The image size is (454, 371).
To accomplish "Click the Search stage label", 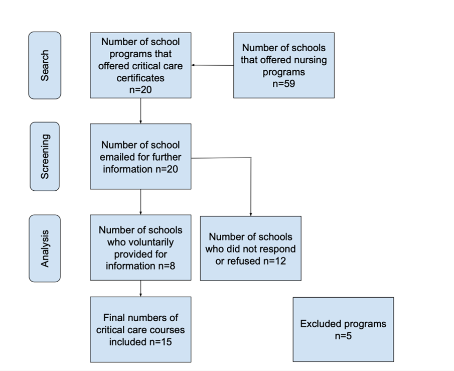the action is [x=45, y=65].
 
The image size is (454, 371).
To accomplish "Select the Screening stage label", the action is [x=45, y=157].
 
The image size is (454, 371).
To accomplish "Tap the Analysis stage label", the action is [x=45, y=249].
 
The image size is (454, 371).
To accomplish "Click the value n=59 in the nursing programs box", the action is [x=284, y=84].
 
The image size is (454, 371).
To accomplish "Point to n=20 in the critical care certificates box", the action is [x=140, y=90].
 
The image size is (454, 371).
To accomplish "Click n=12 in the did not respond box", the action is [x=274, y=261].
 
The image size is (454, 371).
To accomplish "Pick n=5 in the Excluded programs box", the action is [x=343, y=336].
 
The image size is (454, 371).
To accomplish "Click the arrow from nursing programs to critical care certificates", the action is [x=213, y=65].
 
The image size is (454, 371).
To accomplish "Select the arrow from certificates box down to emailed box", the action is [x=141, y=111].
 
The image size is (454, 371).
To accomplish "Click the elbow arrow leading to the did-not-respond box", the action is [x=251, y=158].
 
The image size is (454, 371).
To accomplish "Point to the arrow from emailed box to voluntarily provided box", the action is [x=141, y=202].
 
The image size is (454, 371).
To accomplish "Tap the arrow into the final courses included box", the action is [x=141, y=289].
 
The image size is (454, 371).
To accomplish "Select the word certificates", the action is [x=140, y=78].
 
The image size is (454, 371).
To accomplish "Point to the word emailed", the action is [x=117, y=157].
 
